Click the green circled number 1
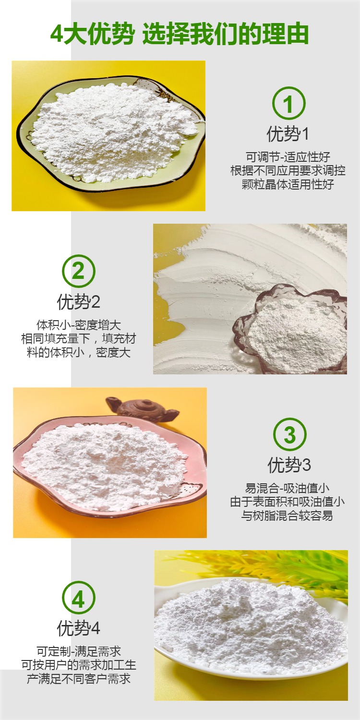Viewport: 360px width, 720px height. pyautogui.click(x=288, y=104)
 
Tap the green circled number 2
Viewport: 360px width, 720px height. pyautogui.click(x=78, y=271)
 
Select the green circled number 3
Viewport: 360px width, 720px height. pyautogui.click(x=289, y=434)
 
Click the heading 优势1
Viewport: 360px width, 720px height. pyautogui.click(x=288, y=134)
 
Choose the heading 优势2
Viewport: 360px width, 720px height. pyautogui.click(x=78, y=302)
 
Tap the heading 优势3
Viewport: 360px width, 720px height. pyautogui.click(x=289, y=465)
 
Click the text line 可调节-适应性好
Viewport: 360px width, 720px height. pyautogui.click(x=288, y=157)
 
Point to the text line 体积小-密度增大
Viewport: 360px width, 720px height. pyautogui.click(x=78, y=325)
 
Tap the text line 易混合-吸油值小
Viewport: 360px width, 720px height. pyautogui.click(x=287, y=489)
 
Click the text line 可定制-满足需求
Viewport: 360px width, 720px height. pyautogui.click(x=78, y=651)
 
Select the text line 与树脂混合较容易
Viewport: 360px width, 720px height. pyautogui.click(x=287, y=516)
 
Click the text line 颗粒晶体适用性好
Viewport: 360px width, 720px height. pyautogui.click(x=288, y=184)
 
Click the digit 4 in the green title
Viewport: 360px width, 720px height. pyautogui.click(x=57, y=34)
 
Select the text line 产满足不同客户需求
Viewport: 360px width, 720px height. pyautogui.click(x=78, y=679)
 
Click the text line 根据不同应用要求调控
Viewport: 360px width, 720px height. pyautogui.click(x=288, y=171)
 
